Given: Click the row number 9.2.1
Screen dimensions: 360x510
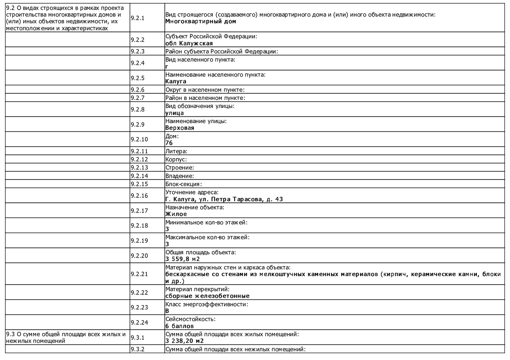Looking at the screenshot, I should pos(137,18).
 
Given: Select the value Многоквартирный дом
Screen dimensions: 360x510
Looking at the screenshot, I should pos(200,21).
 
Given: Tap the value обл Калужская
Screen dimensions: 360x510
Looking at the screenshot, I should pos(189,43).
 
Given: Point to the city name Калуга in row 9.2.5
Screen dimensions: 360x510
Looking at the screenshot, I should pos(176,81).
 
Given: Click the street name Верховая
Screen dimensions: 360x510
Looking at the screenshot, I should pos(179,128).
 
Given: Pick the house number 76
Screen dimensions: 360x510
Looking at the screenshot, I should pos(169,143).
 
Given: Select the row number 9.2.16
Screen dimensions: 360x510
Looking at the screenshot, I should pos(139,196).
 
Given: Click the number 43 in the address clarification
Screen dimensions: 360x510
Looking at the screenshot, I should pos(279,199).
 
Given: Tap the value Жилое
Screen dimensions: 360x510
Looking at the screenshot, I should pos(176,214).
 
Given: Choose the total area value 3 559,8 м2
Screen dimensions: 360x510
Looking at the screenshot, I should pos(182,259).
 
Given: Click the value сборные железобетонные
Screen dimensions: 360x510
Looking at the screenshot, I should pos(207,296).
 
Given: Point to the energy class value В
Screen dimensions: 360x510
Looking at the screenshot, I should pos(167,311).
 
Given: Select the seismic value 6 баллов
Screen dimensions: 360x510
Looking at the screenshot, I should pos(179,326).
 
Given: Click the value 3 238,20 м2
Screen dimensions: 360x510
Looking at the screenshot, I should pos(184,341).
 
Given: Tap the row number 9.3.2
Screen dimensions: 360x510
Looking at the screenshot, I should pos(137,349).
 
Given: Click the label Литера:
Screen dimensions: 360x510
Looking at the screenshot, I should pos(176,151).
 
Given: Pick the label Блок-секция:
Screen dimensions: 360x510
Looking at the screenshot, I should pos(183,184).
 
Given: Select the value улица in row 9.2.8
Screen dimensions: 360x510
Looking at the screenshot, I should pos(174,113).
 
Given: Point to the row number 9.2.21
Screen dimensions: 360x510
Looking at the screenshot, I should pos(139,274).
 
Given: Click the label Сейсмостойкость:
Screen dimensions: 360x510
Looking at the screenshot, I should pos(190,319).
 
